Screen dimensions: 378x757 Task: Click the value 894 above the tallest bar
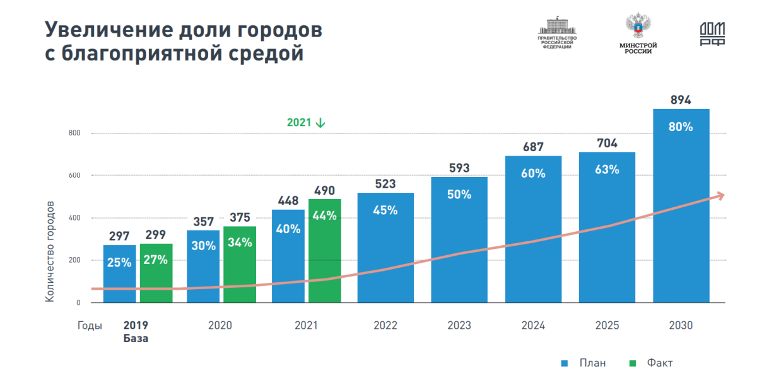tap(681, 100)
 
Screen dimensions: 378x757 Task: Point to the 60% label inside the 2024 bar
tap(533, 173)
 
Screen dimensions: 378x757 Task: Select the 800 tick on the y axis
tap(74, 133)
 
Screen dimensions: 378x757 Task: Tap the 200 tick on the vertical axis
tap(74, 260)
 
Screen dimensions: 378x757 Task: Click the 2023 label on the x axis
tap(459, 326)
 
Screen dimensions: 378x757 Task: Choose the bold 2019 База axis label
tap(136, 331)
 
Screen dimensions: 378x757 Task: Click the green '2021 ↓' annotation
tap(306, 123)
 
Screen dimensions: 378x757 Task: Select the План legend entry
tap(584, 363)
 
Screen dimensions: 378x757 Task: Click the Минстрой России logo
tap(638, 34)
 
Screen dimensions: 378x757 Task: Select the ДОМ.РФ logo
tap(712, 34)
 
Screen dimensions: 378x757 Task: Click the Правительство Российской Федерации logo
tap(557, 34)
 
